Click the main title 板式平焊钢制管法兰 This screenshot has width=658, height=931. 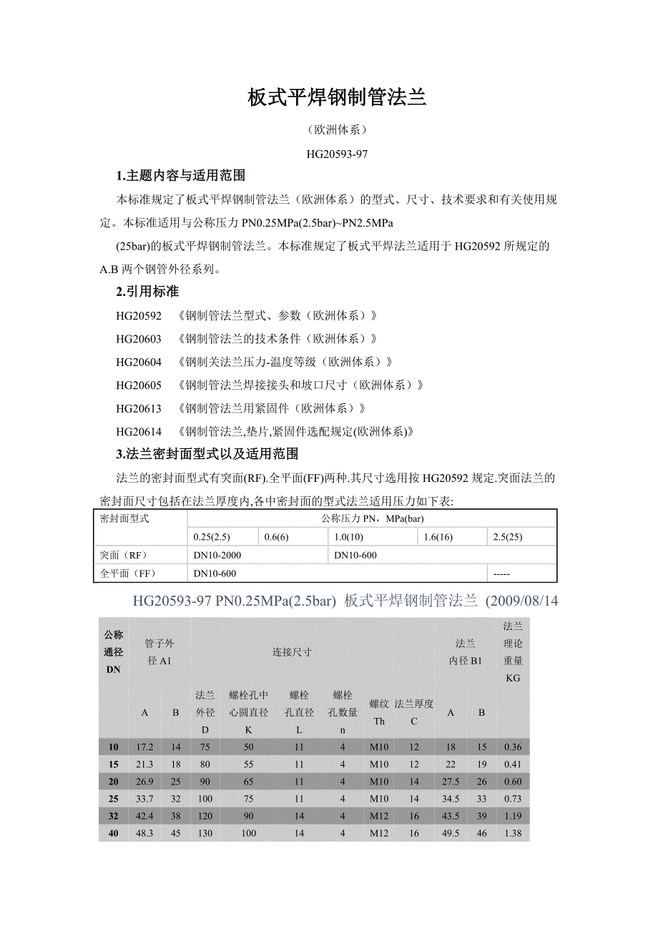pyautogui.click(x=337, y=98)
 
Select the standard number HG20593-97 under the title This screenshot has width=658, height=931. pyautogui.click(x=337, y=153)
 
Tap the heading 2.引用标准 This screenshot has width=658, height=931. pyautogui.click(x=147, y=292)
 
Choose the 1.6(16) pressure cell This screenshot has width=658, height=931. pyautogui.click(x=438, y=537)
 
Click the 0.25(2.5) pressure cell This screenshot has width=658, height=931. pyautogui.click(x=213, y=537)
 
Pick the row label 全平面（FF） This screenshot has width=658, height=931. pyautogui.click(x=128, y=573)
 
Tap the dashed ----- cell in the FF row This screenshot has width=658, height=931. pyautogui.click(x=501, y=573)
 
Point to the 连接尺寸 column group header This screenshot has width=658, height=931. pyautogui.click(x=292, y=652)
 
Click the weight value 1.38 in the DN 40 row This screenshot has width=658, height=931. pyautogui.click(x=513, y=833)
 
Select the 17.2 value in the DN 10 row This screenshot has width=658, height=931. pyautogui.click(x=144, y=747)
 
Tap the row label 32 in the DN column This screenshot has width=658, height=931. pyautogui.click(x=114, y=816)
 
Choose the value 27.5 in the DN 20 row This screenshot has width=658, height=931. pyautogui.click(x=451, y=782)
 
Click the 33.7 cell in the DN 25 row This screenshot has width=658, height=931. pyautogui.click(x=144, y=799)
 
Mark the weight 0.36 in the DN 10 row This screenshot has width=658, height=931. pyautogui.click(x=513, y=747)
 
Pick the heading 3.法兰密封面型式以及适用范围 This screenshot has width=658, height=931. pyautogui.click(x=207, y=454)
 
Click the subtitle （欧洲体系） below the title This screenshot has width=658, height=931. pyautogui.click(x=337, y=130)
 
